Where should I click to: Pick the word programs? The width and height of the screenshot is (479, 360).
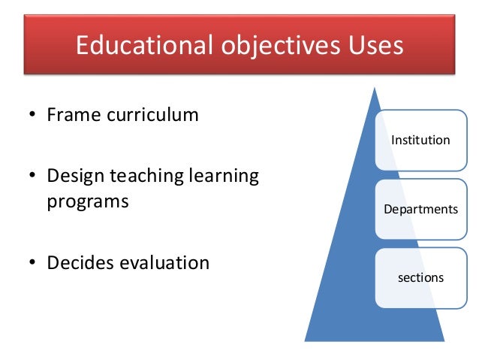coord(87,202)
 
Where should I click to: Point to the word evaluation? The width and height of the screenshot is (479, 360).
coord(165,263)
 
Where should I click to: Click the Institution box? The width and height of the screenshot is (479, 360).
coord(420,141)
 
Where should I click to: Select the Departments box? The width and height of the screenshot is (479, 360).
coord(420,209)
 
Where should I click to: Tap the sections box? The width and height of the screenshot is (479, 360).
coord(420,277)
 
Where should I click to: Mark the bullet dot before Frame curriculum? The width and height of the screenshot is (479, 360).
coord(32,116)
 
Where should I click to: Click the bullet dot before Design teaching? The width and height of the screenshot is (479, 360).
coord(32,178)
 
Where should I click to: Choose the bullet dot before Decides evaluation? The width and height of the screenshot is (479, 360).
coord(32,264)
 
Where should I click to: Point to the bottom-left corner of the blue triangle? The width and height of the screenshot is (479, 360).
coord(305,340)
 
